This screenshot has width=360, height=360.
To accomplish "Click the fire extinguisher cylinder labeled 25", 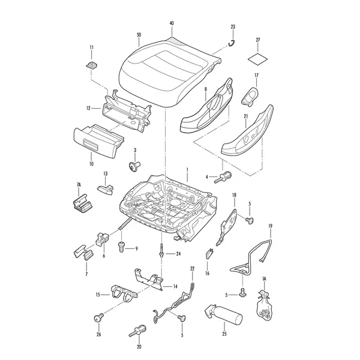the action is point(223,314).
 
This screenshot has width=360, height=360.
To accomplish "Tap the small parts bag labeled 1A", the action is point(263,306).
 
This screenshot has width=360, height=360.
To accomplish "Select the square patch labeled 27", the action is point(258,59).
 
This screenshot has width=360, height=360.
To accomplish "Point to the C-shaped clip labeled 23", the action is point(232,43).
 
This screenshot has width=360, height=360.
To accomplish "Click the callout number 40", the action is point(172,23).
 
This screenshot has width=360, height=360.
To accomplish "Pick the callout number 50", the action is point(139,35).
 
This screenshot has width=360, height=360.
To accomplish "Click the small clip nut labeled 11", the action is point(92,65).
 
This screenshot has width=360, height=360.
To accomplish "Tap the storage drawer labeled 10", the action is point(98,142).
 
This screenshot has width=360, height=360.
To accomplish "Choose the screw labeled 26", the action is point(99,318).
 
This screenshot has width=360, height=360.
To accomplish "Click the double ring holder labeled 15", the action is point(124,293).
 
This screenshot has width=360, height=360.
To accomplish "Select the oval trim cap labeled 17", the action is point(250,97).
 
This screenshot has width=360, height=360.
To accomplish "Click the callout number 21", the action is point(246,116).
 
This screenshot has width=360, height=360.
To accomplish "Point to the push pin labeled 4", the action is point(223,177).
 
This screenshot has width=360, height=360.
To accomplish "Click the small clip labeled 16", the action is point(209,254).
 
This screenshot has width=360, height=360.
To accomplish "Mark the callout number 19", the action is point(270,226).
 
